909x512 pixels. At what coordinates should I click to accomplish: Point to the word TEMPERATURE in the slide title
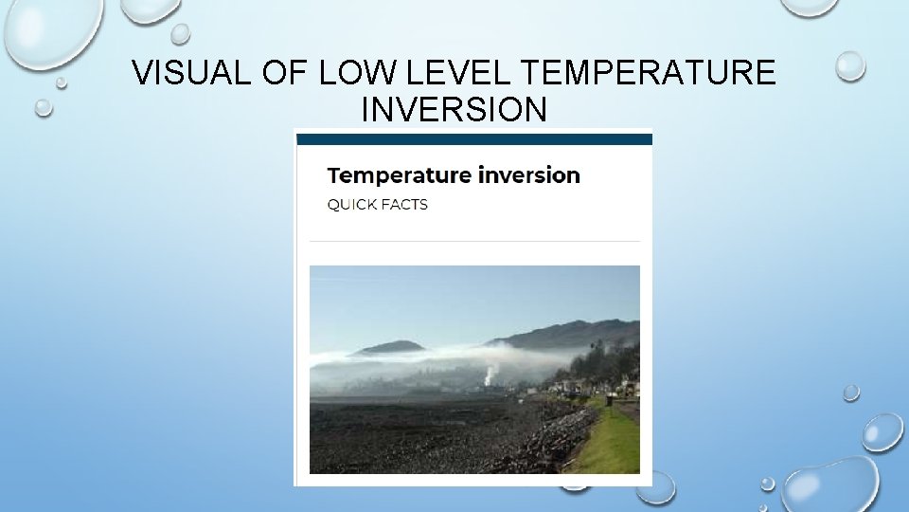pos(649,73)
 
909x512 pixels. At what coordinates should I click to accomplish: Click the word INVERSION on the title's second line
pos(454,109)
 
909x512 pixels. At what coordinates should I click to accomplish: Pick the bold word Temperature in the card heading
pos(399,175)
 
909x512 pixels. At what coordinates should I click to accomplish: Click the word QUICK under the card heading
pos(351,205)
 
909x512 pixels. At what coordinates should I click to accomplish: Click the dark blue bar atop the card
pos(474,139)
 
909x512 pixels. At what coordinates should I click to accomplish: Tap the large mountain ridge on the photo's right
pos(578,333)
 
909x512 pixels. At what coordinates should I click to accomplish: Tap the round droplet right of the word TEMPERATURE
pos(850,65)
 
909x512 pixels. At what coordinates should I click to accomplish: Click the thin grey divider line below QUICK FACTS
pos(474,241)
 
